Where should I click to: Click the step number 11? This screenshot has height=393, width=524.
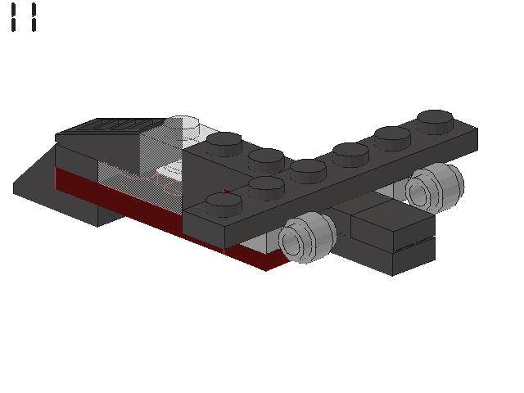coord(24,17)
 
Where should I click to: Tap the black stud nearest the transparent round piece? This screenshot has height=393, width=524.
coord(224,144)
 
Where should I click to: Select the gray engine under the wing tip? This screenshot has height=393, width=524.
coord(435,187)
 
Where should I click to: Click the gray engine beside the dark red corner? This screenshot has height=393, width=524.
coord(308,237)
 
